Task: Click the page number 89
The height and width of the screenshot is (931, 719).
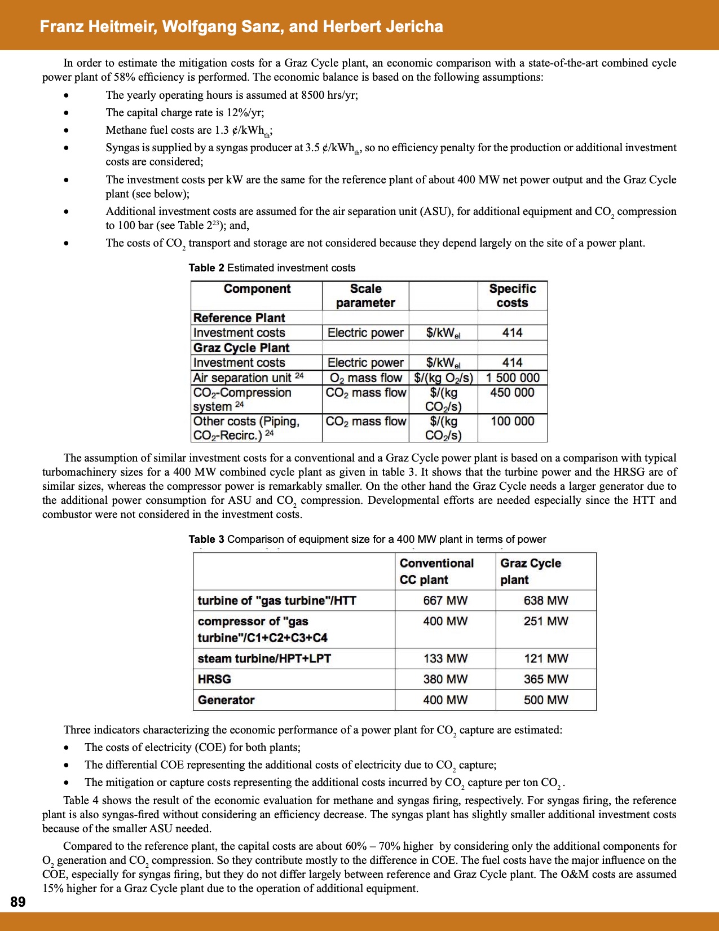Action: (x=18, y=902)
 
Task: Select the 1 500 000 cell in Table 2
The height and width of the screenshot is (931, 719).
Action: (x=512, y=377)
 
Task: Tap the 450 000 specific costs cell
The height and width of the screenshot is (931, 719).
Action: (x=512, y=392)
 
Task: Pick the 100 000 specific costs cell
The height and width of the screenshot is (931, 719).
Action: (x=512, y=421)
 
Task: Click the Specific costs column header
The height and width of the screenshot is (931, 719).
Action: (x=512, y=295)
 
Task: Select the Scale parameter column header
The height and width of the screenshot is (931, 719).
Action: (x=365, y=295)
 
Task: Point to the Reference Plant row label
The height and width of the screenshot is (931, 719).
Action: (x=239, y=318)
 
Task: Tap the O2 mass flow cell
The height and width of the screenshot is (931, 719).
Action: (x=365, y=377)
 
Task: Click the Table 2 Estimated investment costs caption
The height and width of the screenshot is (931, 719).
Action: (x=272, y=267)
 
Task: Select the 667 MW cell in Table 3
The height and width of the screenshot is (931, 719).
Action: (x=445, y=600)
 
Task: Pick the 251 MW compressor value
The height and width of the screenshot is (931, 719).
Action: (x=545, y=621)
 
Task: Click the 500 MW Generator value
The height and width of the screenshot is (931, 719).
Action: (x=545, y=700)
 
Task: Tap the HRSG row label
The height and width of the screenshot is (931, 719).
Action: (x=214, y=679)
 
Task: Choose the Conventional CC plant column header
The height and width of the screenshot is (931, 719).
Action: (x=436, y=571)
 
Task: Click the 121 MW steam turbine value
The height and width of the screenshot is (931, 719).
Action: (x=545, y=658)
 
